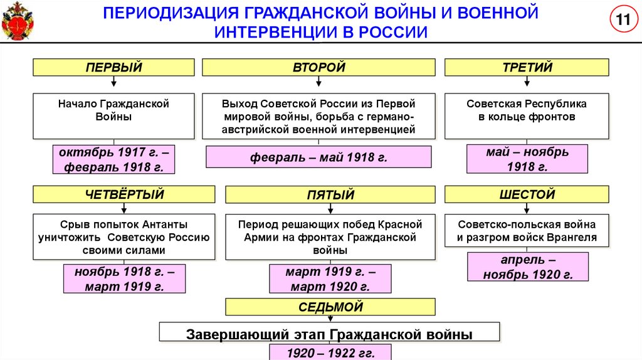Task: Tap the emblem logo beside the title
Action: click(18, 20)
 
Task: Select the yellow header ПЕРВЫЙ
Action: click(113, 67)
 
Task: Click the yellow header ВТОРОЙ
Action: click(318, 67)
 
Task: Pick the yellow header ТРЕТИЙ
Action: click(527, 67)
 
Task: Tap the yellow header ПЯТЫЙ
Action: click(330, 195)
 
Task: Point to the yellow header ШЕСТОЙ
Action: click(527, 194)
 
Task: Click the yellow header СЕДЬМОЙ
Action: click(330, 307)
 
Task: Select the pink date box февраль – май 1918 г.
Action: click(318, 157)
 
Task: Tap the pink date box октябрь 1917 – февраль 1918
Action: click(113, 159)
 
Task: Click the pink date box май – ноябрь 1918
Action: click(527, 159)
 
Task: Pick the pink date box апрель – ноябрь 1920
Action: click(527, 267)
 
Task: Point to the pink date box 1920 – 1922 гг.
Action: click(330, 352)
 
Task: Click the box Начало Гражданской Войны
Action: click(113, 117)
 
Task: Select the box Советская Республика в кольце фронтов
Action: click(527, 117)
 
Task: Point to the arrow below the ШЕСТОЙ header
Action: click(527, 209)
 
